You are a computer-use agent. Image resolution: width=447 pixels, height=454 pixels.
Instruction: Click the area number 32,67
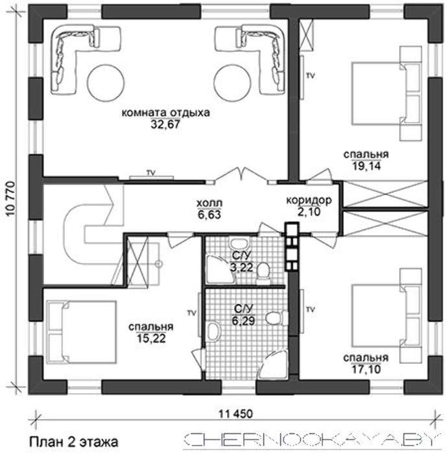tap(165, 125)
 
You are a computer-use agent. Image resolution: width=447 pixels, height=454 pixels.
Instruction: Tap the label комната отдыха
tap(165, 112)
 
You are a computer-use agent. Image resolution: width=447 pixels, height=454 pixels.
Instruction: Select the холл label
tap(209, 203)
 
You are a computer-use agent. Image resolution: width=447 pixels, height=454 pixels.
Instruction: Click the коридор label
tap(309, 200)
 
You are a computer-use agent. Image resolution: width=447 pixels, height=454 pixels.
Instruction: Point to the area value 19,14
tap(366, 166)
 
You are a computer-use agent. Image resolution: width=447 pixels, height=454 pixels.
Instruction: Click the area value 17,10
tap(366, 370)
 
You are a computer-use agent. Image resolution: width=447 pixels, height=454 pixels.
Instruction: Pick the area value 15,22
tap(151, 338)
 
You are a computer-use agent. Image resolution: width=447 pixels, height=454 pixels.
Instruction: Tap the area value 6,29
tap(243, 320)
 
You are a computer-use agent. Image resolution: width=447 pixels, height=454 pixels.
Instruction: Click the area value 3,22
tap(241, 267)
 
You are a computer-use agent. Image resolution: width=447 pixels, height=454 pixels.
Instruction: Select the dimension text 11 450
tap(236, 414)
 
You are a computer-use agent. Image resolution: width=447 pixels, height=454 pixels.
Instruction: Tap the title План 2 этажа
tap(74, 442)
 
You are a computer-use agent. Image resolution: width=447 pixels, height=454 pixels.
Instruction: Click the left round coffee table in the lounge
tap(106, 83)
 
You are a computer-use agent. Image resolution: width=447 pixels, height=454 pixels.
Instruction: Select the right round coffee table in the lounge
tap(232, 83)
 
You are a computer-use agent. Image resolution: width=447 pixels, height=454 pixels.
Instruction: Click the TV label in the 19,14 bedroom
tap(310, 76)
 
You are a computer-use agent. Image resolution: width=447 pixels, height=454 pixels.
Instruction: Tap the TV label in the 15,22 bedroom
tap(191, 313)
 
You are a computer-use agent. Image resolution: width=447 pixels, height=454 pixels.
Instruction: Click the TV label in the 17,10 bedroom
tap(310, 310)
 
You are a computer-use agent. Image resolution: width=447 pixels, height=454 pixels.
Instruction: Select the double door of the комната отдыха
tap(241, 175)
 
